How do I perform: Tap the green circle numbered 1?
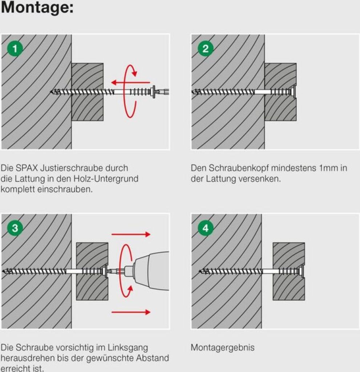pos(15,49)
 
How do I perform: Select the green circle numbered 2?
pos(205,49)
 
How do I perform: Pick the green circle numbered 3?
pos(15,228)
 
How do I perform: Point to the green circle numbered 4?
pos(205,228)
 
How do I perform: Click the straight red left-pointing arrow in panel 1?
pos(130,82)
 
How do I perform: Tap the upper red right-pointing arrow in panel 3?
pos(131,234)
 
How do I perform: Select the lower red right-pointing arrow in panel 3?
pos(131,312)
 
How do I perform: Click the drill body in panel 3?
pos(152,271)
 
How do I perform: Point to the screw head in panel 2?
pos(294,91)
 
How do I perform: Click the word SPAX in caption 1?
pos(27,168)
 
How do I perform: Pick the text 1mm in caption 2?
pos(329,168)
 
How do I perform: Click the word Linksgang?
pos(128,348)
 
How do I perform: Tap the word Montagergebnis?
pos(223,348)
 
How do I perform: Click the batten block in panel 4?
pos(288,271)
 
